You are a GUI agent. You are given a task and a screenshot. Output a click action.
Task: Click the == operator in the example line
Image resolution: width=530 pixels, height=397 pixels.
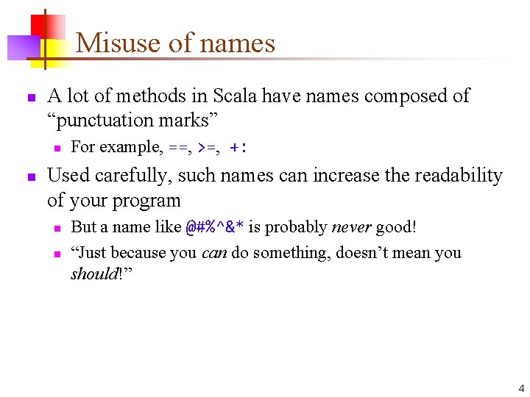[178, 147]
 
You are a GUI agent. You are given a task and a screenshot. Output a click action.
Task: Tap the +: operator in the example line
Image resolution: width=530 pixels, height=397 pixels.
[239, 147]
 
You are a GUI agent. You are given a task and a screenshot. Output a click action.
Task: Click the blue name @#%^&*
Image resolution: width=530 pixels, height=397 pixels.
[214, 227]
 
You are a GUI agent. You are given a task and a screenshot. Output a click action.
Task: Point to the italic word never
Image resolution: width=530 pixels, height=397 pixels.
[352, 227]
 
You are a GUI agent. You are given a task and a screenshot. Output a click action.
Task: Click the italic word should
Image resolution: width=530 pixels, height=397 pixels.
[92, 274]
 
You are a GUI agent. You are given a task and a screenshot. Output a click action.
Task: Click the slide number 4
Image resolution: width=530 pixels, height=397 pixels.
[521, 388]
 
